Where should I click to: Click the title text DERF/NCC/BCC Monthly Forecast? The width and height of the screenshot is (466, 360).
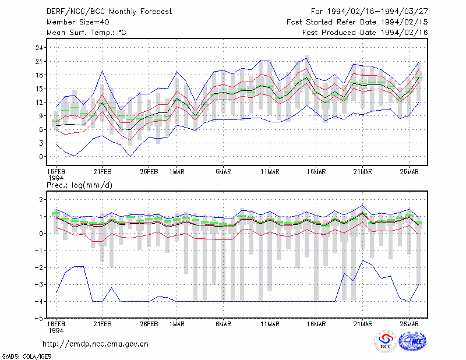(x=109, y=12)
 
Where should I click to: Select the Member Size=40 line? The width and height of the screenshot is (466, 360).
(x=78, y=22)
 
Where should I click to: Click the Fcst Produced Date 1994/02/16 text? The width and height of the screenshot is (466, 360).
(x=365, y=33)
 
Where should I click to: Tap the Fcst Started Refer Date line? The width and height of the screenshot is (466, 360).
(x=357, y=22)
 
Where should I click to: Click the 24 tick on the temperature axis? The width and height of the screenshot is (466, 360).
(x=39, y=48)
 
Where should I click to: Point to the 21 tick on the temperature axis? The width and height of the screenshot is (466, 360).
(x=39, y=62)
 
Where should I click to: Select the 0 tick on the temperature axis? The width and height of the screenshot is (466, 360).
(x=41, y=157)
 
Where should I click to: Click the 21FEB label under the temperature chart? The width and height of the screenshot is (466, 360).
(x=103, y=171)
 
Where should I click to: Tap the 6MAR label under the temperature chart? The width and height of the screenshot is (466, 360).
(x=224, y=171)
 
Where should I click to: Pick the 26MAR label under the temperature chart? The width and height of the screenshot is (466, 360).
(x=409, y=171)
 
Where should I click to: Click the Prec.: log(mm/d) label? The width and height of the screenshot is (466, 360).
(x=79, y=185)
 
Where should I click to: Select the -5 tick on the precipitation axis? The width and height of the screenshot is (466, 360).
(x=38, y=319)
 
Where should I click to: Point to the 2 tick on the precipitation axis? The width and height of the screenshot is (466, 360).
(x=41, y=199)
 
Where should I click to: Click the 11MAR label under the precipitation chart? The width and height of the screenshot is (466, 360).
(x=270, y=324)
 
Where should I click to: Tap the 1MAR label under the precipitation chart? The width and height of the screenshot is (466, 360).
(x=177, y=324)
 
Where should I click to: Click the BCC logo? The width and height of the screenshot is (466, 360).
(x=386, y=341)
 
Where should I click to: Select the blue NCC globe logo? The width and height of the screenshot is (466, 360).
(x=412, y=341)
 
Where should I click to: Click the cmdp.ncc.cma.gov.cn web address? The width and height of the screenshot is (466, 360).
(x=96, y=344)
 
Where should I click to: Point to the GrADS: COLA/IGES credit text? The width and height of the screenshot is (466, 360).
(x=26, y=357)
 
